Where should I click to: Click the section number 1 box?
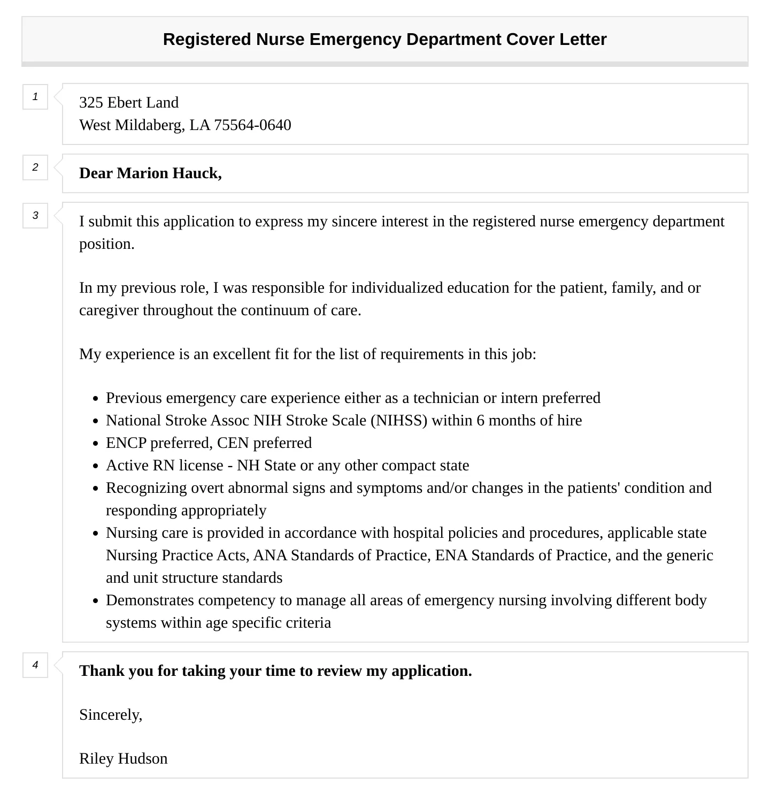click(35, 97)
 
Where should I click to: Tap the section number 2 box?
click(35, 167)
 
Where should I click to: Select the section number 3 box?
click(35, 216)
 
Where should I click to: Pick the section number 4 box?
click(35, 665)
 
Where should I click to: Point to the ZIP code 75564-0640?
click(252, 125)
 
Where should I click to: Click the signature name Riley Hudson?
click(124, 759)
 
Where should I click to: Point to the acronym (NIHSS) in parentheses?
click(399, 421)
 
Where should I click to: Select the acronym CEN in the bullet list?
click(233, 443)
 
